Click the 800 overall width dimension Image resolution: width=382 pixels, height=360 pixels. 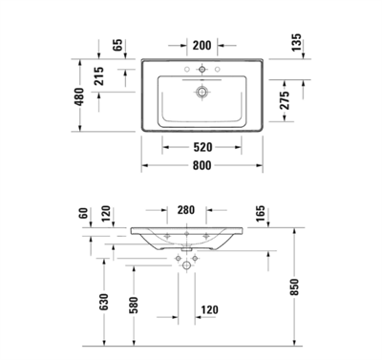click(201, 164)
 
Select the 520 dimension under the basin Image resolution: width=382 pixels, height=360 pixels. click(201, 147)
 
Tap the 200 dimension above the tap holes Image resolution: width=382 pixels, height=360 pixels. click(201, 45)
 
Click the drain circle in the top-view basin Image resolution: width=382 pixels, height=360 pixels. click(201, 92)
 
